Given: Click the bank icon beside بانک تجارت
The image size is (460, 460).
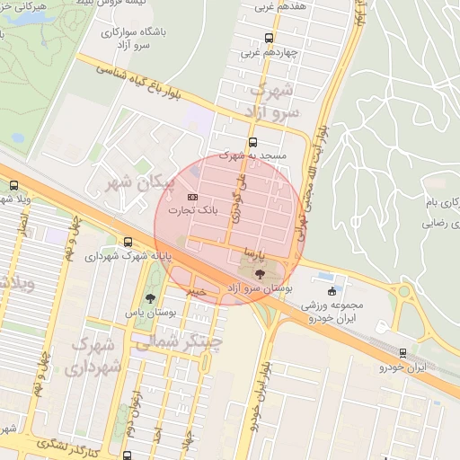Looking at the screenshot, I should click(191, 197).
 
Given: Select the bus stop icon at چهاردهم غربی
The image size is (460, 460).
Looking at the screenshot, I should click(268, 38).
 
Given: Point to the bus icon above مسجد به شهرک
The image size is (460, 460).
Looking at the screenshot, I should click(252, 142).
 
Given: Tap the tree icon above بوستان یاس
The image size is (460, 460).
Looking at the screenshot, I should click(150, 298).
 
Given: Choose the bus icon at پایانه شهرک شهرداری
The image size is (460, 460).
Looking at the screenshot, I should click(128, 242).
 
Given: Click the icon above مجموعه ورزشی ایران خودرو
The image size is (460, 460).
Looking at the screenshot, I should click(333, 291).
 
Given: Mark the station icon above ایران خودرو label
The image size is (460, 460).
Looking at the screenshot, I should click(402, 353).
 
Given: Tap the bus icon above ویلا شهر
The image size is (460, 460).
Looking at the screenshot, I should click(13, 185).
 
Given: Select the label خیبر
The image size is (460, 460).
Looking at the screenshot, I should click(198, 291).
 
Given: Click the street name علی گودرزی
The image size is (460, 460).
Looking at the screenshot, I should click(239, 199).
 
